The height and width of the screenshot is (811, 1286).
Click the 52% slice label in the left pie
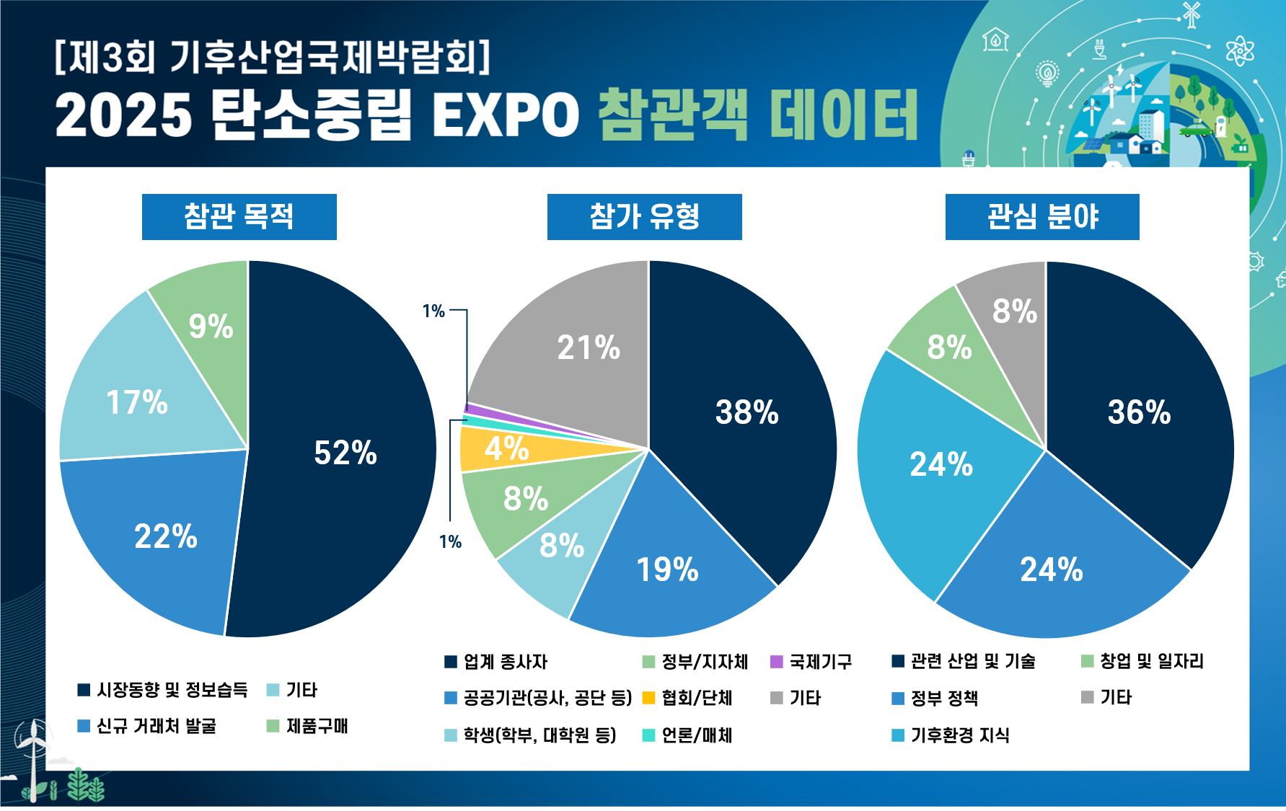click(345, 453)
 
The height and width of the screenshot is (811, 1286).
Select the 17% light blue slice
click(137, 402)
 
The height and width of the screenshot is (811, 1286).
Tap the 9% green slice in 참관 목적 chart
click(211, 326)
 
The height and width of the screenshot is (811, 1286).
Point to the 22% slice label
click(166, 536)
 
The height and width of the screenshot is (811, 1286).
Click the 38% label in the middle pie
click(747, 412)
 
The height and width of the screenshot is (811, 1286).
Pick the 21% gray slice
click(589, 347)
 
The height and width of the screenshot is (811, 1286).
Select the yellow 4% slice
click(506, 448)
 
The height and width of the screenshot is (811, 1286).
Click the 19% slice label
click(667, 570)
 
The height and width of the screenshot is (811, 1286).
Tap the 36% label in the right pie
click(1139, 412)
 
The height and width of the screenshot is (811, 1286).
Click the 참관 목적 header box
click(239, 216)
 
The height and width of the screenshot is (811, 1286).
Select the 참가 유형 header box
click(644, 216)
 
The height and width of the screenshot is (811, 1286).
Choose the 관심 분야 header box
click(1042, 216)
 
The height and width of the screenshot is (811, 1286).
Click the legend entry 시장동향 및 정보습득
click(172, 690)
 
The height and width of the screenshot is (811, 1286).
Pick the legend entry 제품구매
click(317, 726)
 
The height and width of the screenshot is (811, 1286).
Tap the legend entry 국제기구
click(820, 661)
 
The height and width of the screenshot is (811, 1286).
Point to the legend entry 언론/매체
click(697, 735)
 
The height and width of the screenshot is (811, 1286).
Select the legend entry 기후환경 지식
click(959, 735)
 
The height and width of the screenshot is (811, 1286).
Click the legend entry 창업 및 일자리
click(1151, 661)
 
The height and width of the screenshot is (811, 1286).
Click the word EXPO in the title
click(505, 115)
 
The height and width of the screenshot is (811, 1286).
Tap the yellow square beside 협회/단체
click(648, 698)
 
